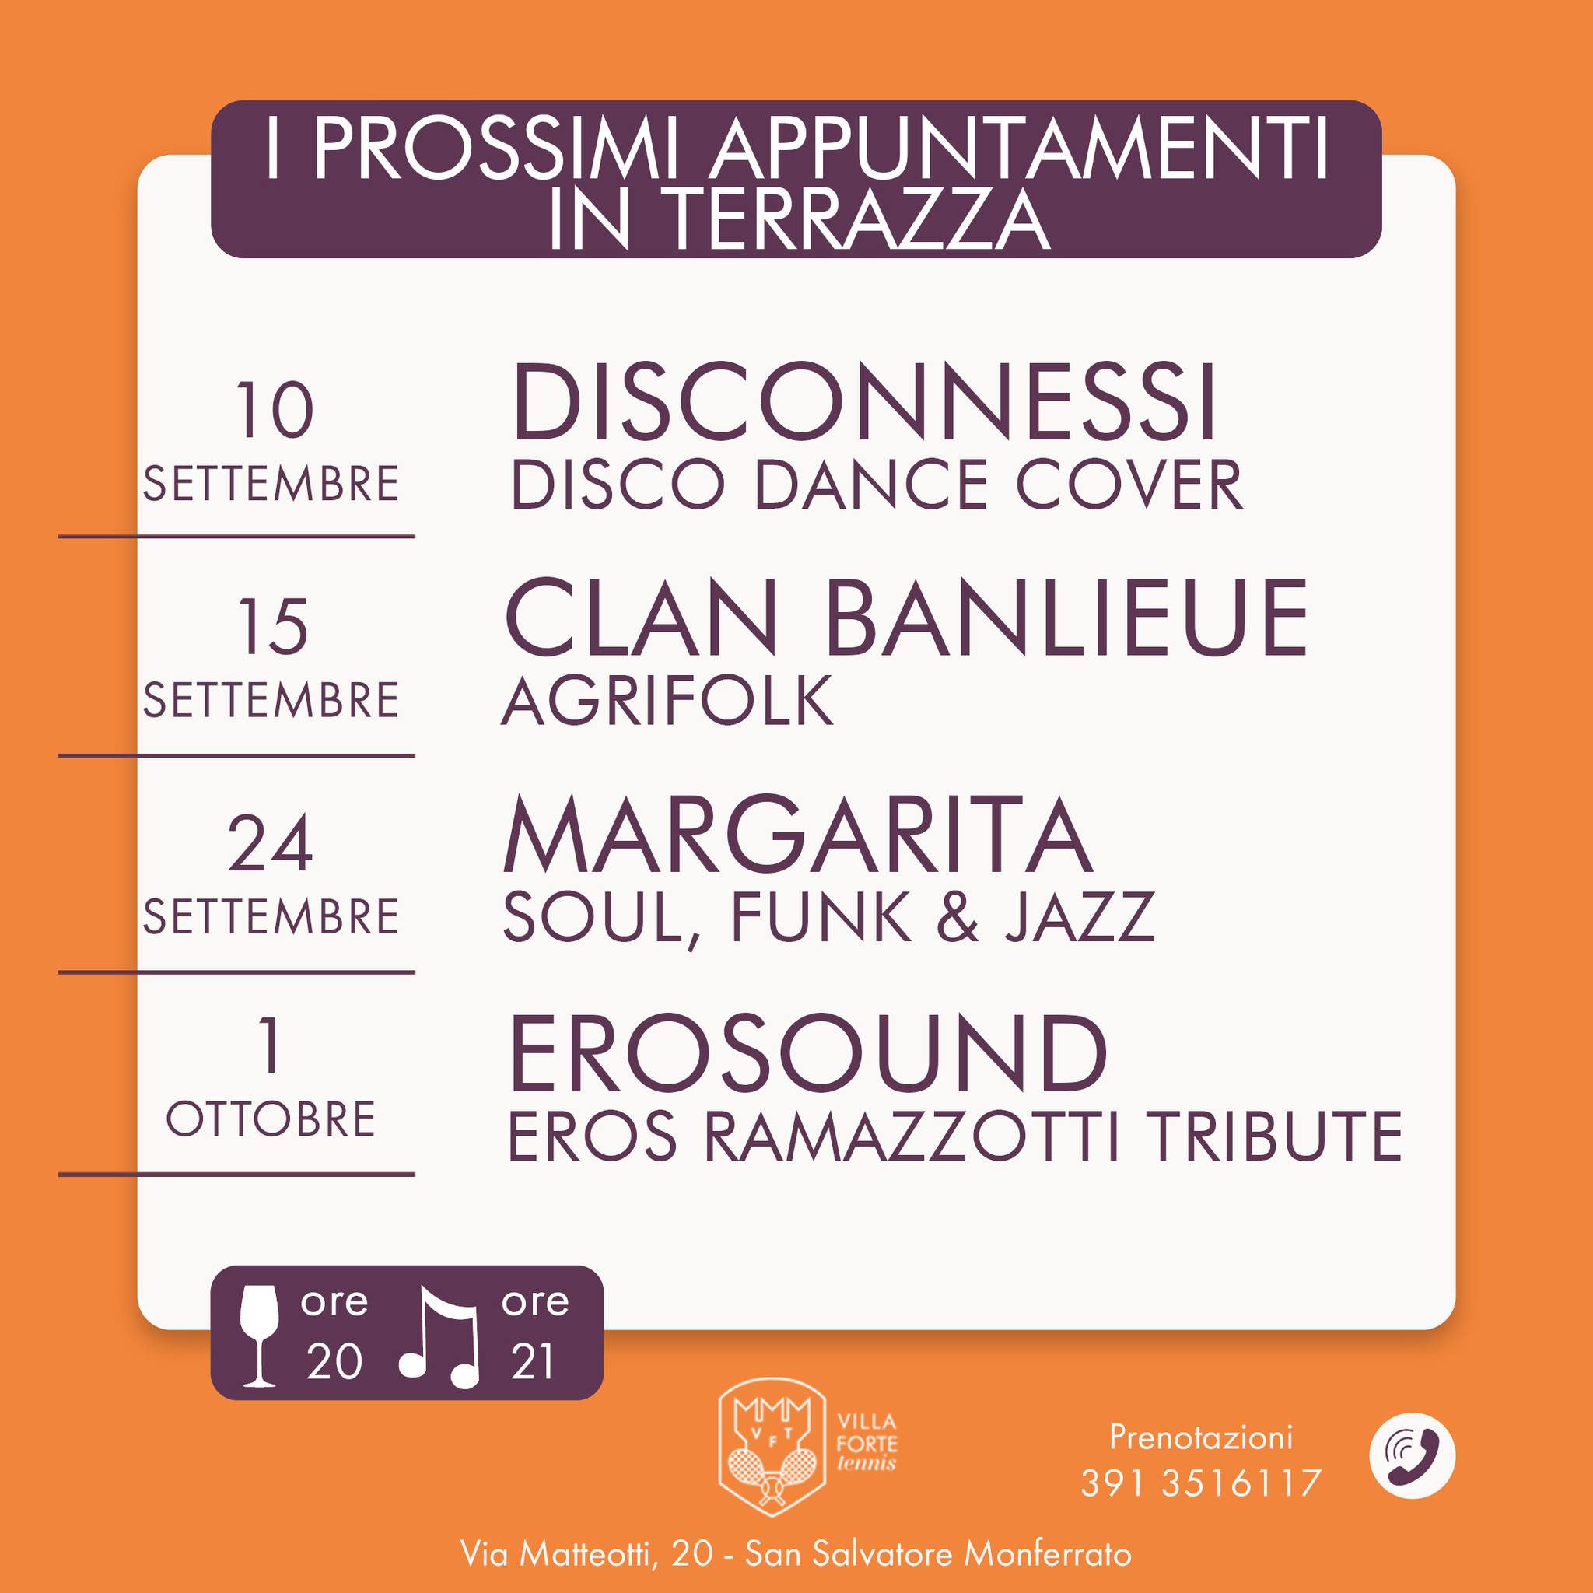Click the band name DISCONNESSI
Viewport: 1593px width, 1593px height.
point(863,403)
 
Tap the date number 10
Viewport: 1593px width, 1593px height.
point(275,410)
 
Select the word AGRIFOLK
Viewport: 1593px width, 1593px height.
point(667,700)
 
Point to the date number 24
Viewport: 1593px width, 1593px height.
point(270,842)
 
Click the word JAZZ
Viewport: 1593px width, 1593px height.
point(1080,916)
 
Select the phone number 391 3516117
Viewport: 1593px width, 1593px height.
point(1200,1483)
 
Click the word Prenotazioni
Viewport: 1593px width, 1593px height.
point(1200,1437)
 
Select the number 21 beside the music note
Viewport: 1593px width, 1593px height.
point(532,1361)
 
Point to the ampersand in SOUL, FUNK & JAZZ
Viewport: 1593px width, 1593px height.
point(958,916)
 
